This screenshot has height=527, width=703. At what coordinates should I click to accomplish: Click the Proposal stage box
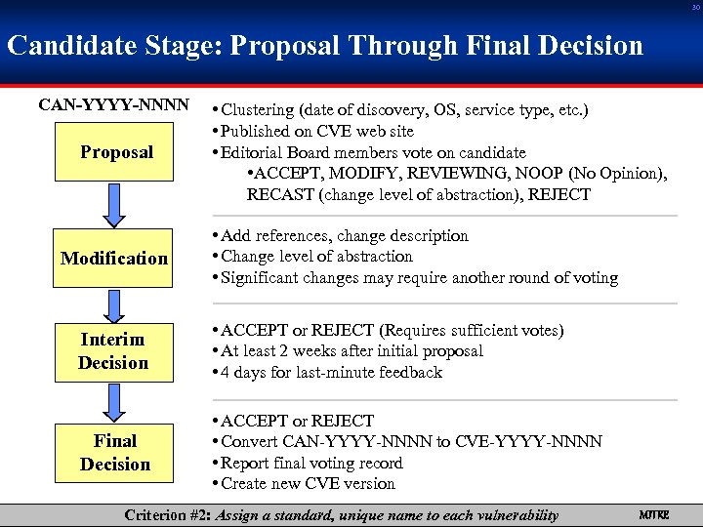pos(116,152)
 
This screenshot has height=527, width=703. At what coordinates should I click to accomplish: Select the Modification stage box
pos(114,259)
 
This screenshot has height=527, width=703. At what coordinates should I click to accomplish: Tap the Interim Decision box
pos(114,351)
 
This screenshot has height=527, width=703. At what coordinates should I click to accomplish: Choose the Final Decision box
pos(115,453)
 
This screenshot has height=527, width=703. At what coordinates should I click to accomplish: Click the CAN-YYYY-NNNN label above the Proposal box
pos(113,102)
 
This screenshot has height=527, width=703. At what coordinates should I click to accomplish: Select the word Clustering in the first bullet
pos(258,109)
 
